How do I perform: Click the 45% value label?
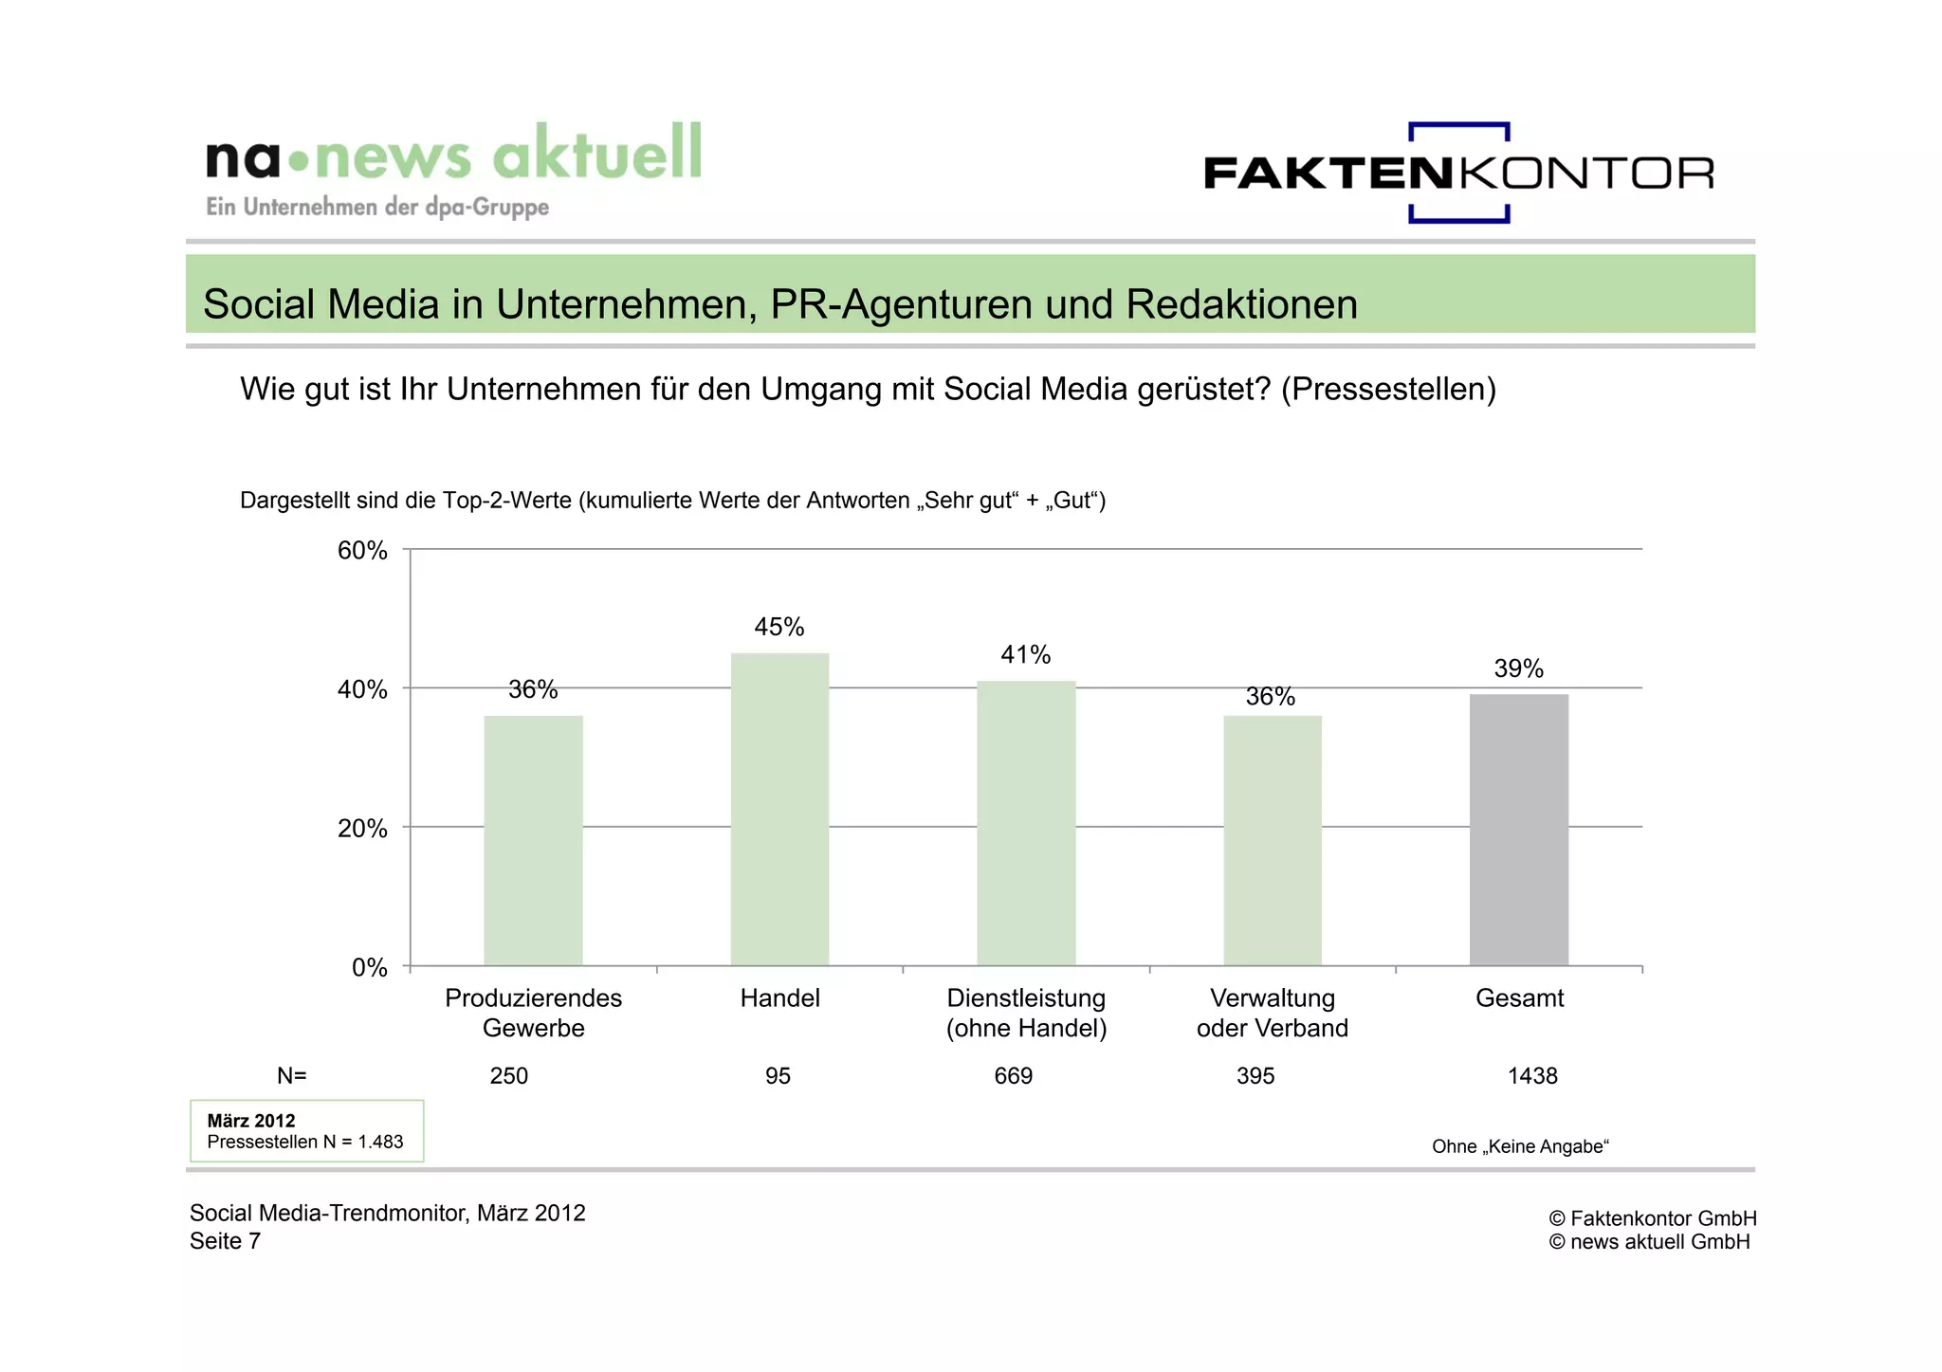779,627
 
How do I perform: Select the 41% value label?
1026,654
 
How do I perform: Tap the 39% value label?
1518,668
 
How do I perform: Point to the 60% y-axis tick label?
362,551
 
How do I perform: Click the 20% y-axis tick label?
362,829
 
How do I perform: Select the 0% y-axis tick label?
369,968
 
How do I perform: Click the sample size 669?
1013,1076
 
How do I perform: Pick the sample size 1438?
1532,1076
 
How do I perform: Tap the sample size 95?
778,1076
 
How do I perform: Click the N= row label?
291,1076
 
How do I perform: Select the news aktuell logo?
453,169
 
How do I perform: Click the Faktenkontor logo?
1458,173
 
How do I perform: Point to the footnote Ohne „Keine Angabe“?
1520,1146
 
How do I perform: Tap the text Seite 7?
225,1241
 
